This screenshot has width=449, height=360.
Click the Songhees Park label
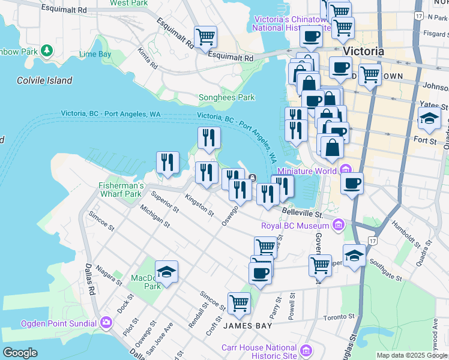(x=226, y=98)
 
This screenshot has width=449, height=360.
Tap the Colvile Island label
(x=44, y=80)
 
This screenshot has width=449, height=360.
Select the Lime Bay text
(x=95, y=54)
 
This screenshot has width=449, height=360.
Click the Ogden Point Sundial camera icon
(x=106, y=323)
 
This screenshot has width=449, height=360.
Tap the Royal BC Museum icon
(x=339, y=226)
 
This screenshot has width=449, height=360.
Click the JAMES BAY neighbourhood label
(x=247, y=326)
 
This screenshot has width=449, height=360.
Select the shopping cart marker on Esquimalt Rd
(x=205, y=37)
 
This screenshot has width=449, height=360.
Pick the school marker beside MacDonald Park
(x=166, y=272)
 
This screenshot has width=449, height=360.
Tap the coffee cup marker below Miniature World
(x=352, y=183)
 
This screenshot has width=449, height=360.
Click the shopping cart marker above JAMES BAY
(x=239, y=303)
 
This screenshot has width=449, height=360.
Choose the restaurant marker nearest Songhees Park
(x=209, y=137)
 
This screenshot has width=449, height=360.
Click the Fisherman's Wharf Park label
(x=120, y=190)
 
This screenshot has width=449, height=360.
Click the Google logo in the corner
(x=20, y=352)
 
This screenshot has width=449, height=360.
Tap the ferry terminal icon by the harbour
(x=253, y=177)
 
